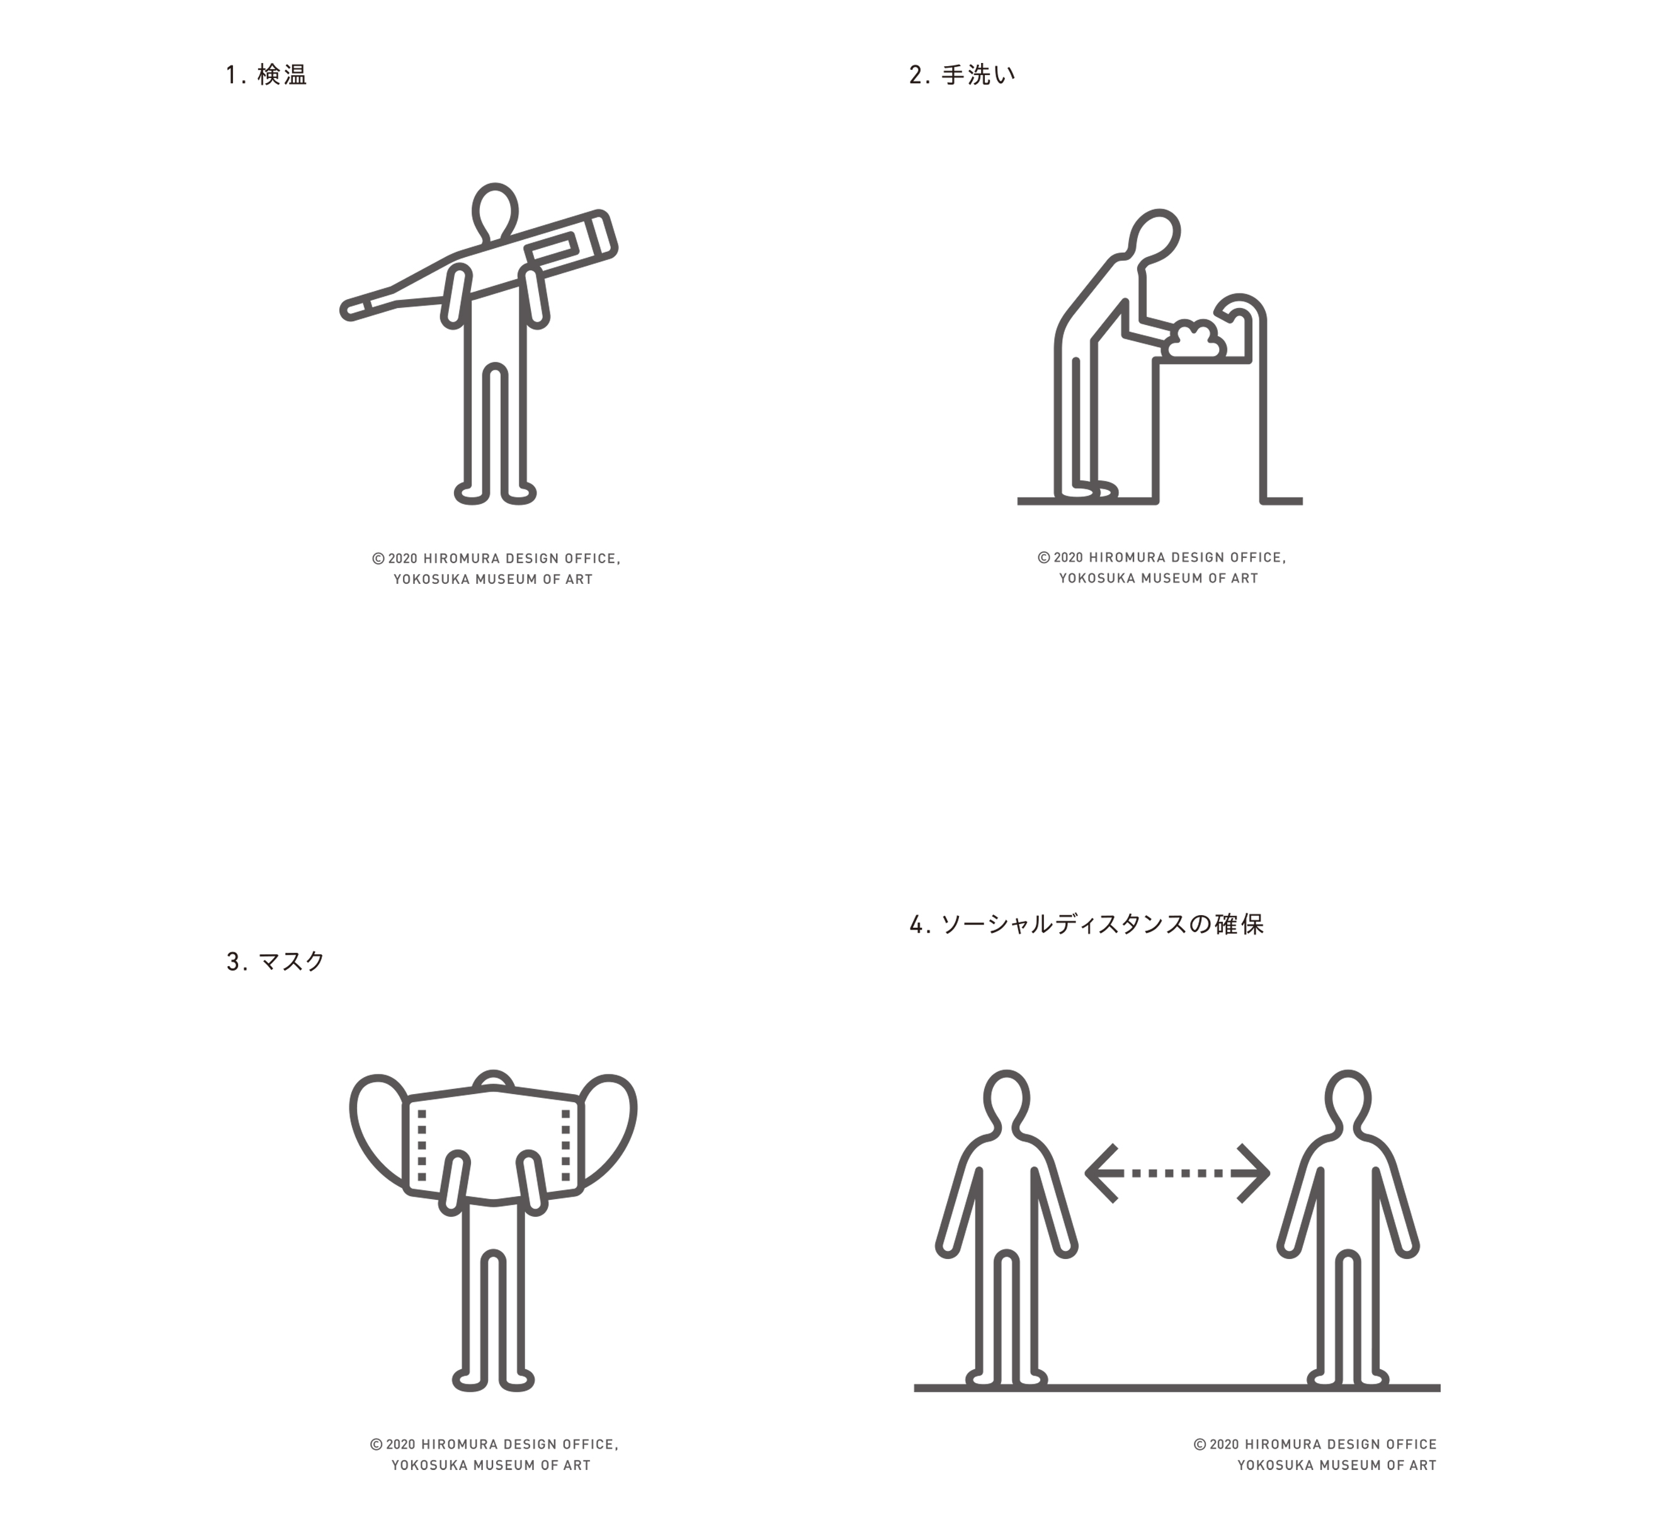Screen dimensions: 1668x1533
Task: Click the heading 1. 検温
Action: (x=266, y=75)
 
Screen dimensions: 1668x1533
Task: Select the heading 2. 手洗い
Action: (x=962, y=75)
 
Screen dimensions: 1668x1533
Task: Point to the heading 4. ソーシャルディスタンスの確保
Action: (x=1087, y=924)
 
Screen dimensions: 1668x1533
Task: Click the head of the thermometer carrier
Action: (x=494, y=212)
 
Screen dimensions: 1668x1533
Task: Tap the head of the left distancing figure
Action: (x=1006, y=1098)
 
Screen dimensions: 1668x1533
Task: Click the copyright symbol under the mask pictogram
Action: (x=376, y=1444)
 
